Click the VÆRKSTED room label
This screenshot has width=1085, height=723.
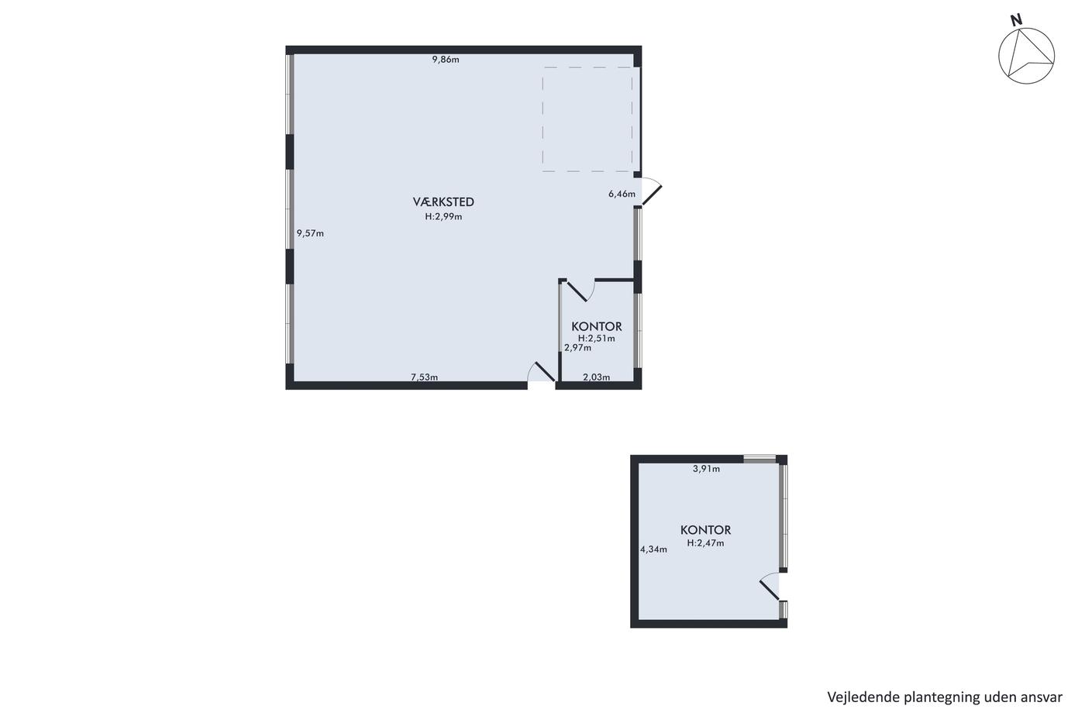(x=443, y=201)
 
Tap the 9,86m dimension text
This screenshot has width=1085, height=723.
(x=446, y=60)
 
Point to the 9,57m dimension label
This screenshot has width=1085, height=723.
(x=311, y=233)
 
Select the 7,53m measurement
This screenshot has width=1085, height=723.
(x=425, y=377)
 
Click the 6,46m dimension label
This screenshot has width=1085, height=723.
(x=622, y=195)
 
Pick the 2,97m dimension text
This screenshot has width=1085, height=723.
(x=577, y=348)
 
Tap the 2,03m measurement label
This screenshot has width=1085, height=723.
(x=596, y=377)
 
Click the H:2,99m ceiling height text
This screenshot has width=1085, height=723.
(x=443, y=216)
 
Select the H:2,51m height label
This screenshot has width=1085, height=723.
(x=596, y=338)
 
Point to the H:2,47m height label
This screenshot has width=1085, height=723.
(x=706, y=543)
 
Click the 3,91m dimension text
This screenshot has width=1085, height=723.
(x=706, y=469)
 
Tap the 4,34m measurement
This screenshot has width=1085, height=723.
(x=653, y=549)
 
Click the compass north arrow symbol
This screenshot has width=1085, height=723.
(x=1026, y=56)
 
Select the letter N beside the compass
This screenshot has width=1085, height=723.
(x=1016, y=20)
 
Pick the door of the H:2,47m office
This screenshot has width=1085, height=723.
(x=770, y=587)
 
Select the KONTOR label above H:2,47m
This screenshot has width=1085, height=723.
(x=706, y=530)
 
